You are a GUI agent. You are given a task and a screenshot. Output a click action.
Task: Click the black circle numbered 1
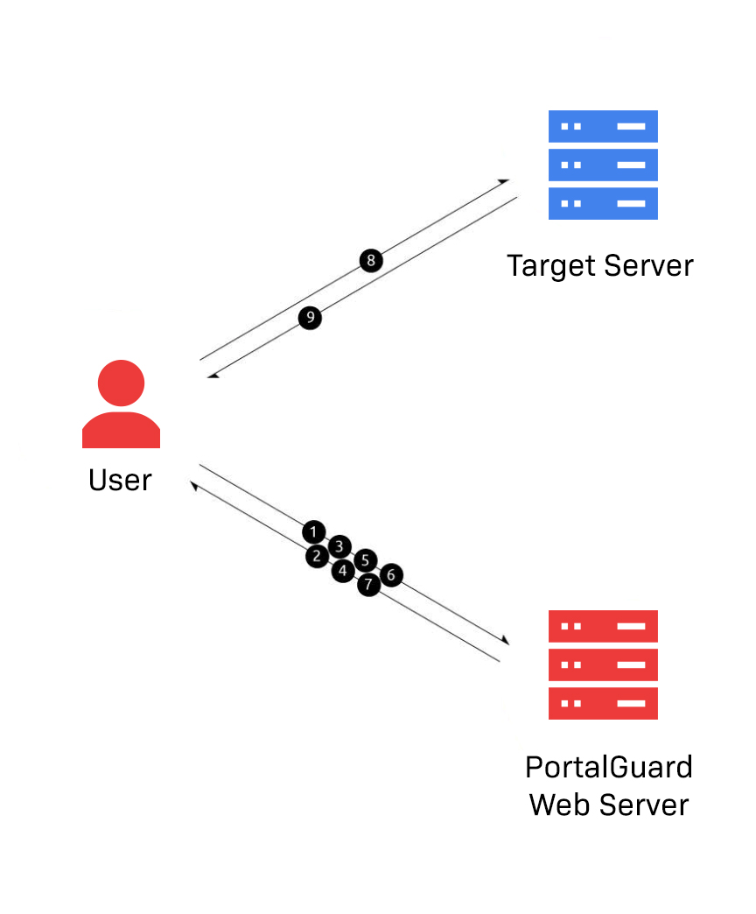(314, 531)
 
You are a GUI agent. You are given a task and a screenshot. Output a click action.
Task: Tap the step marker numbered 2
(317, 556)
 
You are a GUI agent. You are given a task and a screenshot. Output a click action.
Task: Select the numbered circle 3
(340, 545)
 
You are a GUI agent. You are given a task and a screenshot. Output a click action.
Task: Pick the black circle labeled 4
(343, 571)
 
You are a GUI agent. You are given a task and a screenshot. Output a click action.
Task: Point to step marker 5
(366, 560)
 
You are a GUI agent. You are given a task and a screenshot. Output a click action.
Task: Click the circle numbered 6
(391, 575)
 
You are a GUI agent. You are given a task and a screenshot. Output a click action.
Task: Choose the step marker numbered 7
(368, 584)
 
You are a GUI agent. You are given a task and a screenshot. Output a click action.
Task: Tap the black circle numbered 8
(371, 260)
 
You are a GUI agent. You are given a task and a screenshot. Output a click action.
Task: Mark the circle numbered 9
(310, 318)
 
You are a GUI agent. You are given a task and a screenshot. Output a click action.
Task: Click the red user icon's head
(121, 383)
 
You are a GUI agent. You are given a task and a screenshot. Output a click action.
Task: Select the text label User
(120, 480)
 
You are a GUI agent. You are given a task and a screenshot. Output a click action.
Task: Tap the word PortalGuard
(608, 767)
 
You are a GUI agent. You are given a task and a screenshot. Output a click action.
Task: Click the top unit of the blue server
(602, 126)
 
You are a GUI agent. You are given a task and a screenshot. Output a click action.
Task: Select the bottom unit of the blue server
(602, 203)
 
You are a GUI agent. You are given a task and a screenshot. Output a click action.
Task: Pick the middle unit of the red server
(602, 664)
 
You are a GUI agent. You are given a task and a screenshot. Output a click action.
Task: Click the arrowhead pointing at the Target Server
(504, 181)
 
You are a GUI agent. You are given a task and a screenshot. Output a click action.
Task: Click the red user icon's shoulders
(121, 431)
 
